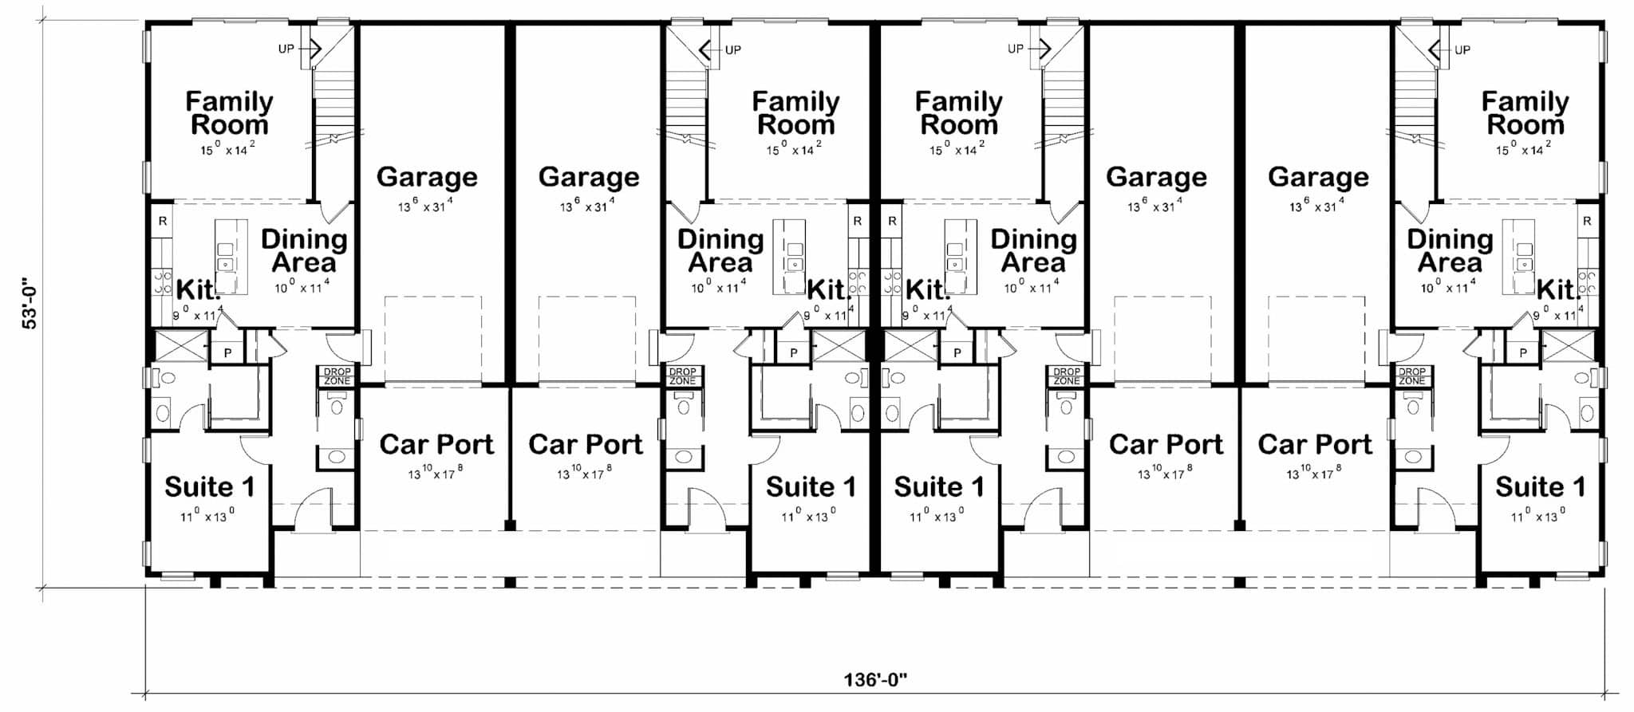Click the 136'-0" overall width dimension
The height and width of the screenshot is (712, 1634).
(x=876, y=680)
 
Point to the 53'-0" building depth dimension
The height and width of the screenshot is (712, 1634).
(x=30, y=303)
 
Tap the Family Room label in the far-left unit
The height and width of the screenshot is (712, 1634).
(x=230, y=113)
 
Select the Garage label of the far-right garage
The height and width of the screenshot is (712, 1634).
(x=1318, y=177)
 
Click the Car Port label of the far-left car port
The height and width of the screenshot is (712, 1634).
(x=436, y=444)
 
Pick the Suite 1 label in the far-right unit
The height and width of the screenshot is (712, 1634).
(x=1541, y=486)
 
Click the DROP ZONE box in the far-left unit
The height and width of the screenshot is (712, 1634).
(x=337, y=376)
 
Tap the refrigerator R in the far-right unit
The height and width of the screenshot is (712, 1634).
(x=1587, y=221)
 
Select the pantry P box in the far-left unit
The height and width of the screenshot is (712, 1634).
(x=227, y=352)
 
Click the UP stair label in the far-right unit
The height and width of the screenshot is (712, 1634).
(x=1462, y=50)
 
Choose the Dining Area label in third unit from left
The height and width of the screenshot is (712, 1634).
(x=1033, y=250)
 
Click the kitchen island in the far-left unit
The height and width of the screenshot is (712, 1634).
(x=231, y=256)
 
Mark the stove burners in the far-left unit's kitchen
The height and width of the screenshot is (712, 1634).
(x=162, y=281)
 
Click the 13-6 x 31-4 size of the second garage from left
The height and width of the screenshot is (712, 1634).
(x=588, y=207)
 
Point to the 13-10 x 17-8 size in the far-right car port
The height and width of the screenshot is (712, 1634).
(x=1314, y=473)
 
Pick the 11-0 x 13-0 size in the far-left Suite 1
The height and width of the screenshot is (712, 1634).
(x=207, y=515)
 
